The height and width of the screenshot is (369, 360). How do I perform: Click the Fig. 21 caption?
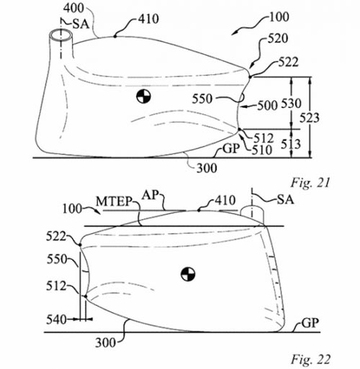(x=310, y=183)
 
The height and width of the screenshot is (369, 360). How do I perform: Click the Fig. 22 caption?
(x=311, y=360)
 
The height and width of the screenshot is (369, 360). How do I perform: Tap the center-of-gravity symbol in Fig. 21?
(x=143, y=97)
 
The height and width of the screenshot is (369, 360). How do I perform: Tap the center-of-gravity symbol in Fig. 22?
(x=188, y=274)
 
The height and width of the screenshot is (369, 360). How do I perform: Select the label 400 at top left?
(x=73, y=8)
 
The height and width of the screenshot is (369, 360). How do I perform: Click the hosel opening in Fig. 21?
(x=60, y=35)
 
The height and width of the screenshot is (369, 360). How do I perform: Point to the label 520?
(x=278, y=39)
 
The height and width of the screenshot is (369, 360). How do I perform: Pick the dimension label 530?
(x=291, y=104)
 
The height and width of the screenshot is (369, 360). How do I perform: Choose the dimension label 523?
(x=310, y=118)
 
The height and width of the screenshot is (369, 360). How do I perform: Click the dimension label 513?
(x=291, y=144)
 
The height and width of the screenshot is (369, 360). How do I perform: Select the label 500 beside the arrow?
(x=267, y=106)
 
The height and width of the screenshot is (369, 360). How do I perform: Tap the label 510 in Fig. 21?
(x=262, y=150)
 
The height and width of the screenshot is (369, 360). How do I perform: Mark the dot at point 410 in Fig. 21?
(x=115, y=37)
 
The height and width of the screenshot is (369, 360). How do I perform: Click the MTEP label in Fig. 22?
(x=114, y=202)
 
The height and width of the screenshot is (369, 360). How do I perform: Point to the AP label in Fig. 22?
(x=150, y=196)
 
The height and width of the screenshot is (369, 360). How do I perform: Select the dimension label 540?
(x=56, y=319)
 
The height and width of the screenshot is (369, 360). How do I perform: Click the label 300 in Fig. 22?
(x=106, y=343)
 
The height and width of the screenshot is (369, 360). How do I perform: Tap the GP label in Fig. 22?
(x=310, y=323)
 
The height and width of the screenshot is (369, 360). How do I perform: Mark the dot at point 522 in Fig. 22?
(x=80, y=245)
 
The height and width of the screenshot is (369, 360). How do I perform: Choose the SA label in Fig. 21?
(x=81, y=24)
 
